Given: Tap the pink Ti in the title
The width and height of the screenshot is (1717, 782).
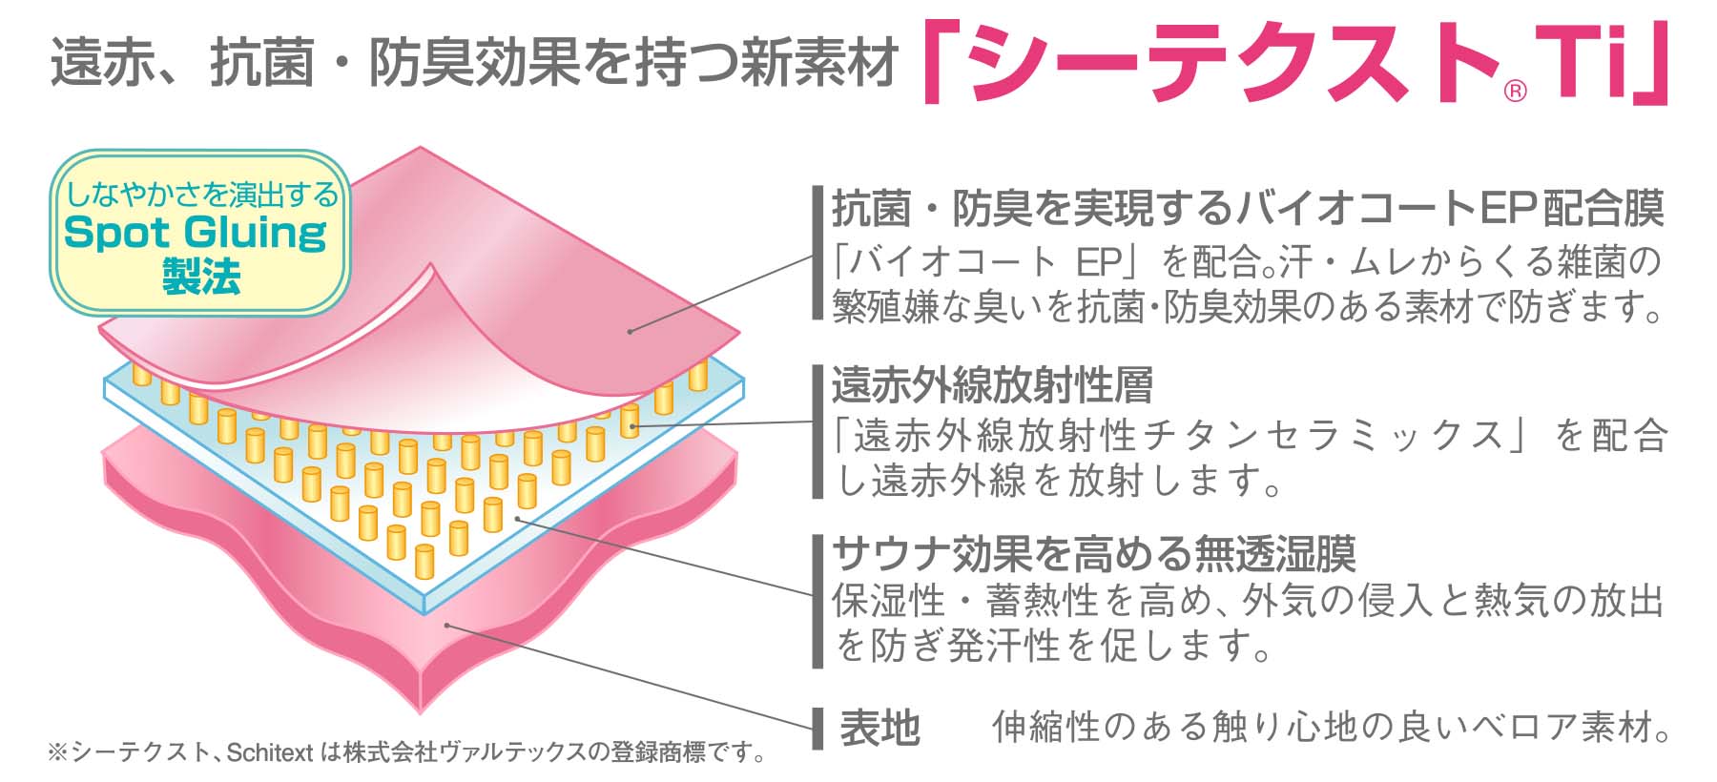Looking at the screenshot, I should [1583, 65].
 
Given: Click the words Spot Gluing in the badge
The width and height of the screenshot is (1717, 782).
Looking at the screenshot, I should [196, 232].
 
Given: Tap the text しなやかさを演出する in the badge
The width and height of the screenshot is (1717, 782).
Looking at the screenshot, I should [200, 195].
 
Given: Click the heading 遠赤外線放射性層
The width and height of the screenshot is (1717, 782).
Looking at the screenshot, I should [992, 385].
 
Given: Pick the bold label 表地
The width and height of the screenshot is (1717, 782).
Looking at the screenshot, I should [879, 728].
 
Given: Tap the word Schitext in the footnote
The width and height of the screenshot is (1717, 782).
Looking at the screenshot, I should [270, 753].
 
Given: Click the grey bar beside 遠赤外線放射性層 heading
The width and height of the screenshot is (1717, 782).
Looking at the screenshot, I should [817, 431].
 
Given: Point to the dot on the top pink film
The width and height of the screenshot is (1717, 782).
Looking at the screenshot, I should [631, 331].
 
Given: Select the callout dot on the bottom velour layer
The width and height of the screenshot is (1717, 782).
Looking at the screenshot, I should [446, 626].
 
